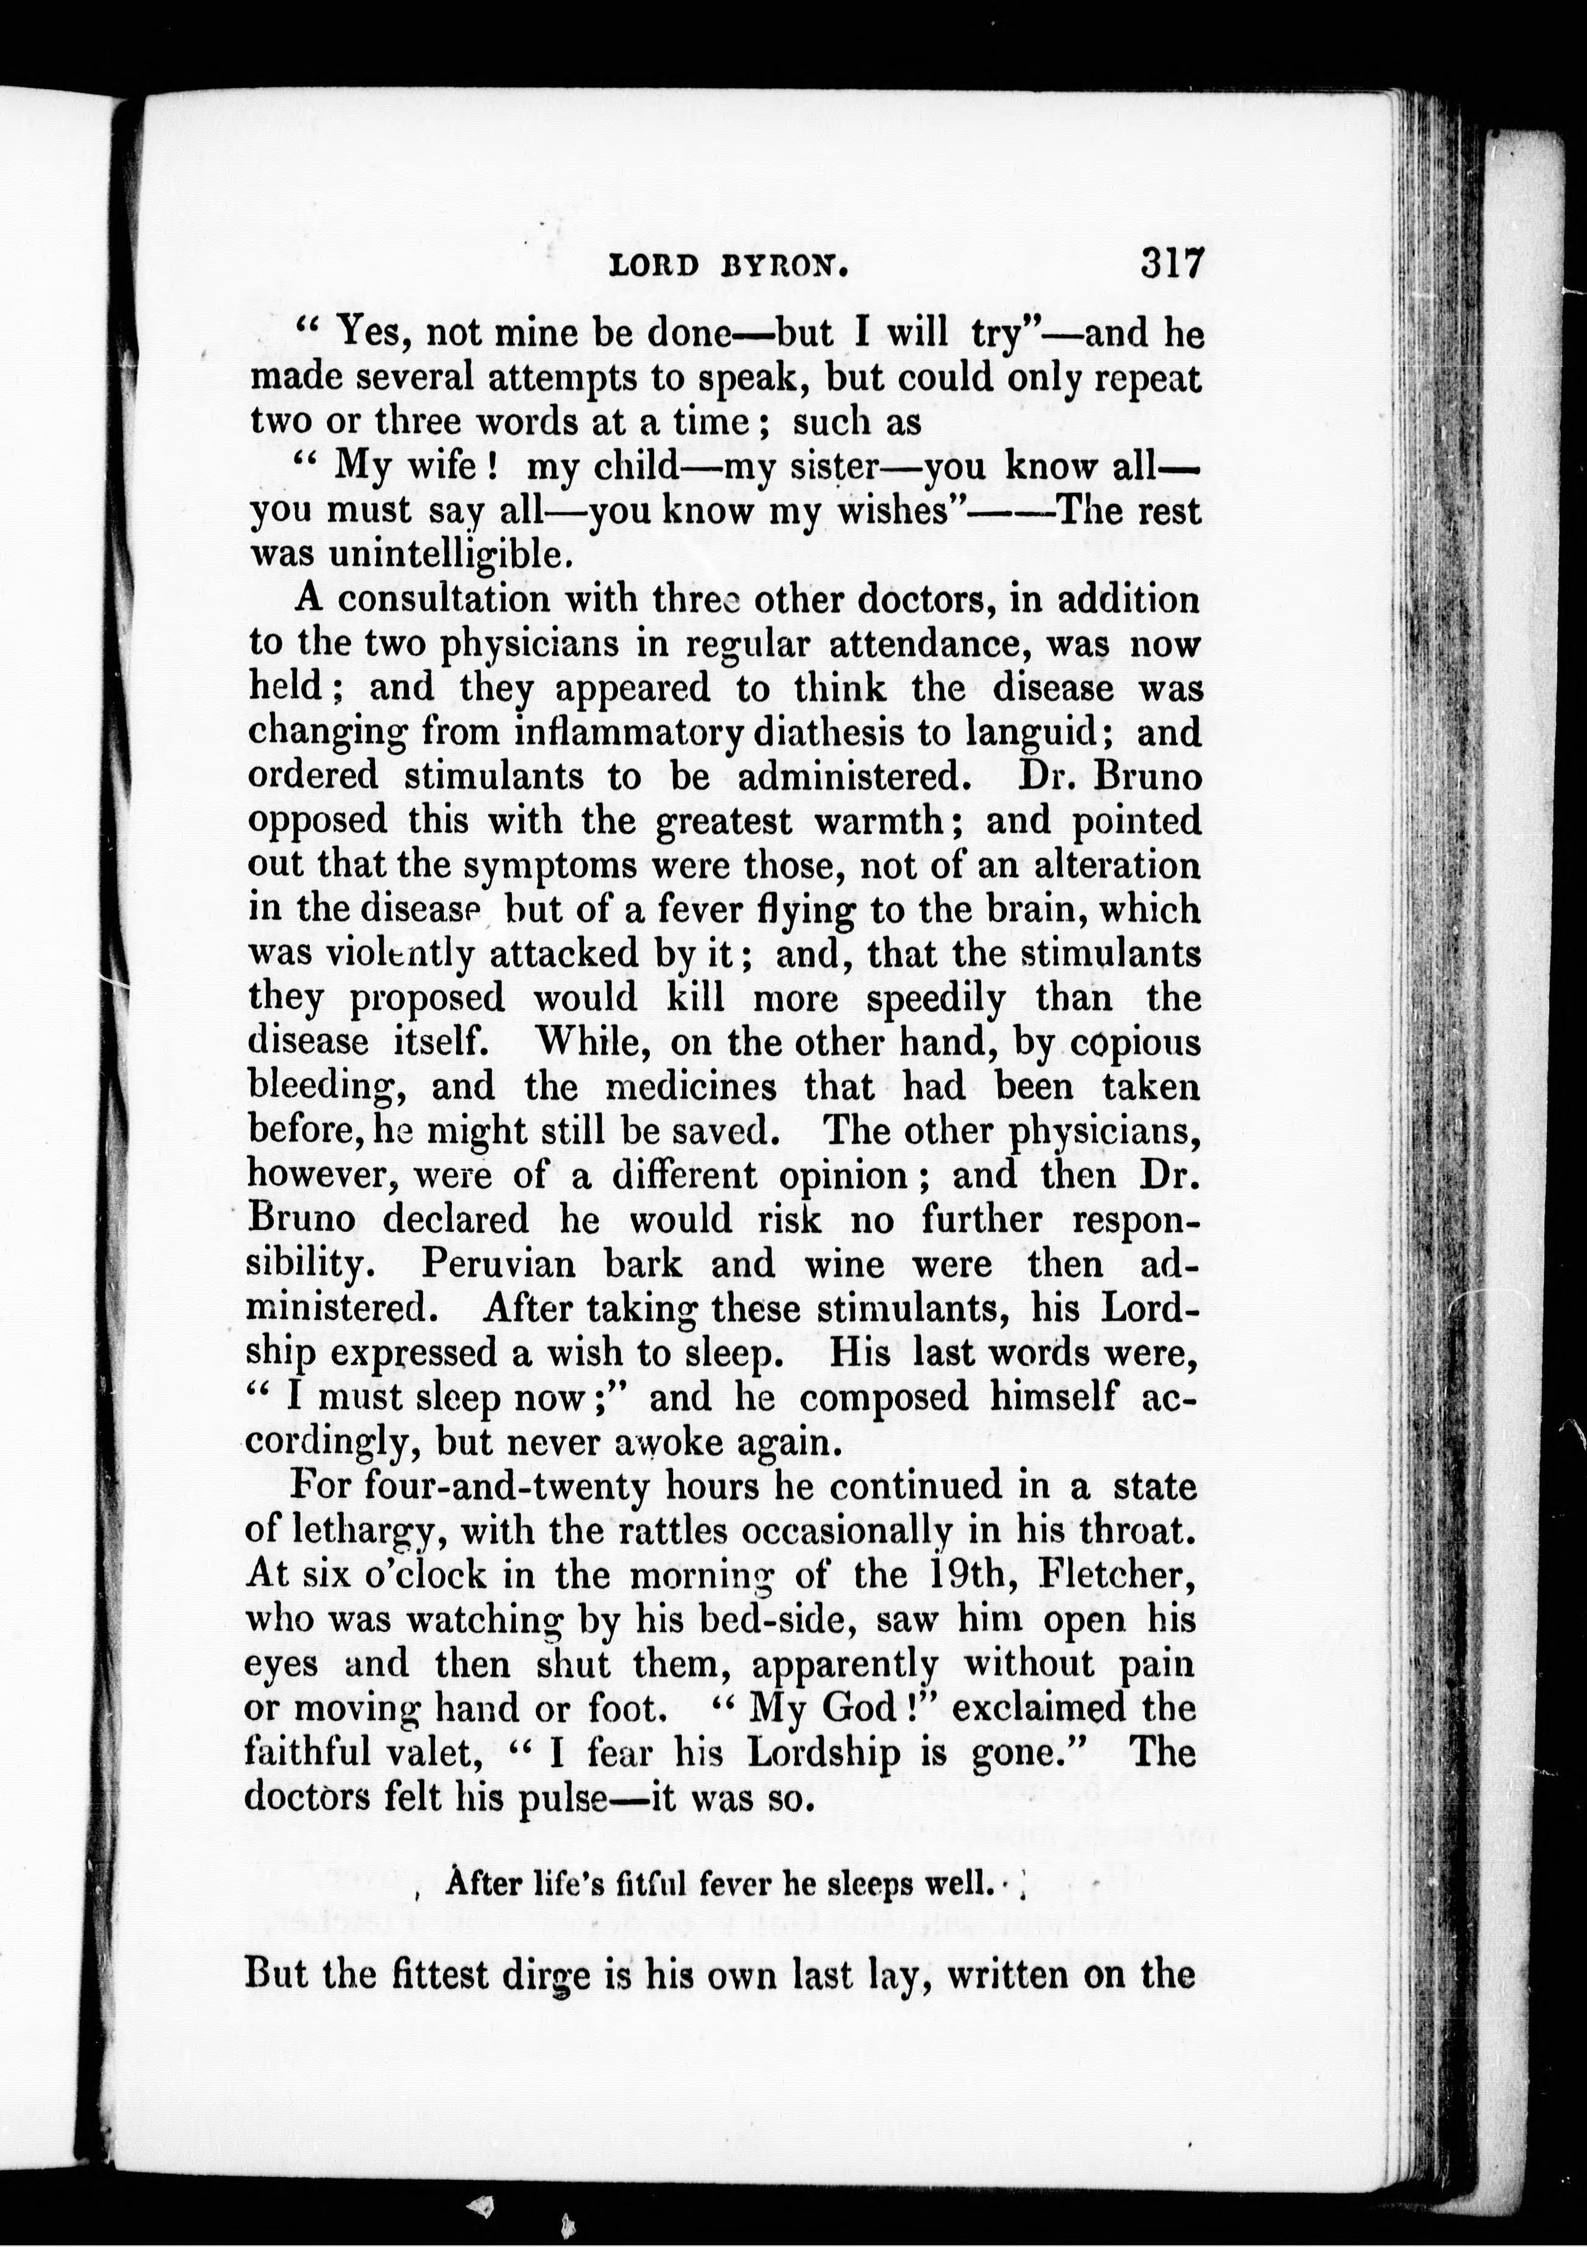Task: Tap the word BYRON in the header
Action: coord(782,266)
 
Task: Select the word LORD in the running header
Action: coord(653,266)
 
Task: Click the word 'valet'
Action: coord(430,1752)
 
